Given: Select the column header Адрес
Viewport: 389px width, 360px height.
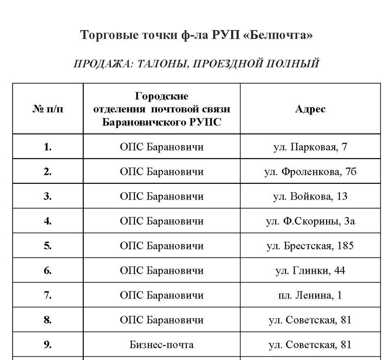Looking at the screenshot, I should click(310, 109).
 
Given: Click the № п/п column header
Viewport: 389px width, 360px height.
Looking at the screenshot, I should click(48, 109).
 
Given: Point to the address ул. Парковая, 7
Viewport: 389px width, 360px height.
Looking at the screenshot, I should click(310, 147).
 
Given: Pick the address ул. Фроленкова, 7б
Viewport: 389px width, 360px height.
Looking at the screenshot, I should click(310, 172).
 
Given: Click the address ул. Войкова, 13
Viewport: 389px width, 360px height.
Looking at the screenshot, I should click(310, 196).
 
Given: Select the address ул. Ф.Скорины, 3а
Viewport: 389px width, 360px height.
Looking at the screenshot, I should click(310, 221).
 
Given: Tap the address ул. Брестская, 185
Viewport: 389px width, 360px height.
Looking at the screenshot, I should click(310, 246).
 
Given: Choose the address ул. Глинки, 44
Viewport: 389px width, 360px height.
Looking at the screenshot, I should click(310, 271).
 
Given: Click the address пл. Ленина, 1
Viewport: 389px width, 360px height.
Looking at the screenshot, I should click(310, 295).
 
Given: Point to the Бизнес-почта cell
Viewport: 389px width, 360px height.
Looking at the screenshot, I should click(161, 345).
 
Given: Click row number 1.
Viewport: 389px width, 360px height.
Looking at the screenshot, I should click(48, 147).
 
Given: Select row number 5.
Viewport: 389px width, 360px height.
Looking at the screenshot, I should click(48, 246).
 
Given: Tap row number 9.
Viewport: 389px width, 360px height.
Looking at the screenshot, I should click(48, 345).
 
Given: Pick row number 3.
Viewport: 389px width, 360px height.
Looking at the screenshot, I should click(48, 196).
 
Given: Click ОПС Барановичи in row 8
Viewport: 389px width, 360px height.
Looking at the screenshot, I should click(161, 320).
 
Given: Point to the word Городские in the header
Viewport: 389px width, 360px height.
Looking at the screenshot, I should click(161, 97).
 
